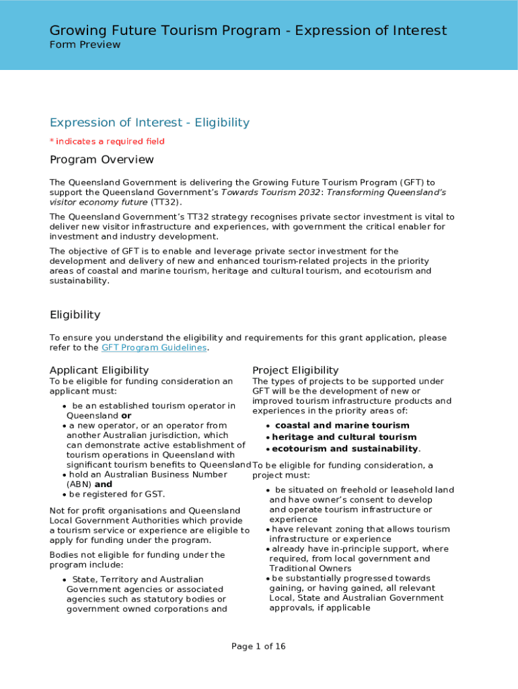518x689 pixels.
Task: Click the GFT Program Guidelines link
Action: click(154, 348)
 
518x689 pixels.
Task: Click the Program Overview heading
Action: click(102, 160)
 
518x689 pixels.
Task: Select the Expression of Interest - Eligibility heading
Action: click(149, 122)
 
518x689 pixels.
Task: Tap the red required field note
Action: click(107, 141)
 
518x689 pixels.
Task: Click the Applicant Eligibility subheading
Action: click(99, 370)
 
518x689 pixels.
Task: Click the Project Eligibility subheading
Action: click(295, 370)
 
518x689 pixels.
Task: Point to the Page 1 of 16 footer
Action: click(258, 647)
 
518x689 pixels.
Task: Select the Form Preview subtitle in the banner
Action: click(85, 45)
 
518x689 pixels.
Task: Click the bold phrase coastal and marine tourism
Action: click(342, 425)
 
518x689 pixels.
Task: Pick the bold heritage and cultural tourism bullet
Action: click(344, 437)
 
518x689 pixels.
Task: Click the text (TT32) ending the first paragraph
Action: click(165, 202)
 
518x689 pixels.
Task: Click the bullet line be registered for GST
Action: click(117, 494)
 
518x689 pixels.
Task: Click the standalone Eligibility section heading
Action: click(75, 315)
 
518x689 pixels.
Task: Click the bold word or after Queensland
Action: click(126, 415)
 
